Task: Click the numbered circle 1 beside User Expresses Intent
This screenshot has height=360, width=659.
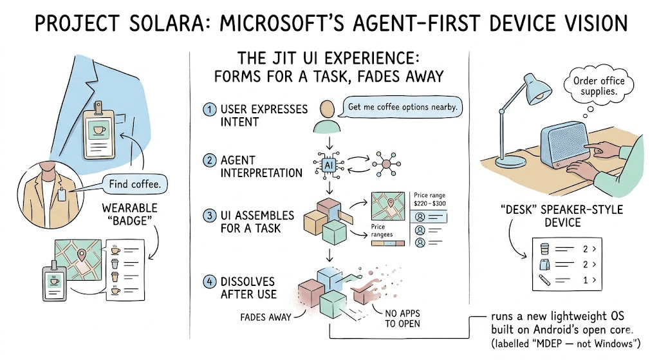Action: tap(209, 109)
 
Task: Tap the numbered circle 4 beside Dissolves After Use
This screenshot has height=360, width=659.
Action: tap(209, 281)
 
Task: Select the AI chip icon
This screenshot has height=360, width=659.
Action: tap(329, 166)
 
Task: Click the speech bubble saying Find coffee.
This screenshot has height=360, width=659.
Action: tap(135, 184)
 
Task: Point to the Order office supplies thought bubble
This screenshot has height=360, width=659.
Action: tap(599, 86)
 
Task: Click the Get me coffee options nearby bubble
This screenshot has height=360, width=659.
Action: tap(402, 107)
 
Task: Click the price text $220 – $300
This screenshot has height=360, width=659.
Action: tap(429, 204)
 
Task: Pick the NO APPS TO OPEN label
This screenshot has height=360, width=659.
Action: tap(402, 318)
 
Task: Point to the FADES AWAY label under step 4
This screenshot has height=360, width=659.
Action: tap(266, 317)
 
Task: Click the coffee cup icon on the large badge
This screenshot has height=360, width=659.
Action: tap(99, 129)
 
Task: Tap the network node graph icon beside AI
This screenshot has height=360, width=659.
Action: tap(386, 164)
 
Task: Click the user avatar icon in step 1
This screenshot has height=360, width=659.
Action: tap(326, 117)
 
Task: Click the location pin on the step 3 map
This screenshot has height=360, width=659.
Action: tap(391, 204)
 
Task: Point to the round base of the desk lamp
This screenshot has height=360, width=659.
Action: tap(510, 162)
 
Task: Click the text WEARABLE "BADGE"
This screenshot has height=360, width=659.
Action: tap(129, 214)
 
